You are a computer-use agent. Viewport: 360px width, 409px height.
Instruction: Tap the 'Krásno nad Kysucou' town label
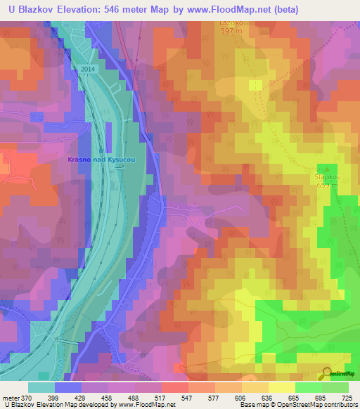(x=101, y=160)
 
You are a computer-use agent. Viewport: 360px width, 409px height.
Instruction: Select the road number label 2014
(x=87, y=69)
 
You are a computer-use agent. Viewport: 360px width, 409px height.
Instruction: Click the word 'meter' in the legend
(x=11, y=398)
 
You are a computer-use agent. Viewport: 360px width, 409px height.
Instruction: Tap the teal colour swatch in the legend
(x=41, y=387)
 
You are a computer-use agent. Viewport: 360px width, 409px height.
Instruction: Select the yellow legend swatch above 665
(x=281, y=387)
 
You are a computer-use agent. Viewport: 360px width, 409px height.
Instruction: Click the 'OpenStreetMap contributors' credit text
(x=321, y=405)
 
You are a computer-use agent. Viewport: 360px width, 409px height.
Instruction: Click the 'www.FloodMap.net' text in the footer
(x=147, y=405)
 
